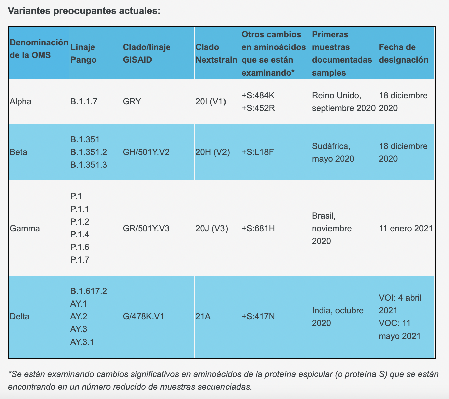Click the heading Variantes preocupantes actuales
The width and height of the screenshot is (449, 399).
(x=84, y=11)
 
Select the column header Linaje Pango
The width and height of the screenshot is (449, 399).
(x=83, y=53)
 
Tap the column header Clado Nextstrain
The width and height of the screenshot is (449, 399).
(x=216, y=53)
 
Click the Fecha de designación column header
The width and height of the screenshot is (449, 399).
(x=403, y=53)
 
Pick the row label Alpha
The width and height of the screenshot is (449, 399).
(x=21, y=101)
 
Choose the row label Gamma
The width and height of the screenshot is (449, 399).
(x=25, y=228)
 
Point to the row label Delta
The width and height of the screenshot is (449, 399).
(x=19, y=316)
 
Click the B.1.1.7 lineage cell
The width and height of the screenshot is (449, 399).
(x=84, y=101)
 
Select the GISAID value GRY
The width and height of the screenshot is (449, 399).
(x=132, y=101)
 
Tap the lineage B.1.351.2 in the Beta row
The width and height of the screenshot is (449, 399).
(x=89, y=152)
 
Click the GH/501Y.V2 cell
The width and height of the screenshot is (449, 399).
(x=146, y=152)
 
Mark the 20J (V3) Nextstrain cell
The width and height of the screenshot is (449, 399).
(x=212, y=228)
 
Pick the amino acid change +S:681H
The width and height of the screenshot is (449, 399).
(x=258, y=228)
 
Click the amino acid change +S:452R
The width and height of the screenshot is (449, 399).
(x=258, y=108)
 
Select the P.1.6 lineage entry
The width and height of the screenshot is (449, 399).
(x=80, y=247)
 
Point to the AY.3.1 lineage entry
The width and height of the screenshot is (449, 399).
(x=82, y=342)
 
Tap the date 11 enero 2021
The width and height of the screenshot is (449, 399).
(x=406, y=228)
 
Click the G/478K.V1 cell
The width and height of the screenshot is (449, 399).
(x=143, y=316)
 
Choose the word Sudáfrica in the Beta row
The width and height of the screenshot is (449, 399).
(x=331, y=146)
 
